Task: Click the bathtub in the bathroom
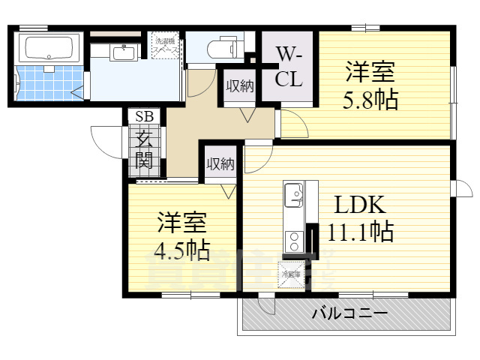click(49, 48)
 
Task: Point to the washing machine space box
click(166, 46)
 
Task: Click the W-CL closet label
click(288, 66)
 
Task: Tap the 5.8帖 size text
click(370, 99)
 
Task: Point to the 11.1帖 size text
click(360, 232)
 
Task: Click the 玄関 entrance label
click(143, 148)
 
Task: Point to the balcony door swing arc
click(266, 306)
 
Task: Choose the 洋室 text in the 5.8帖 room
click(370, 73)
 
